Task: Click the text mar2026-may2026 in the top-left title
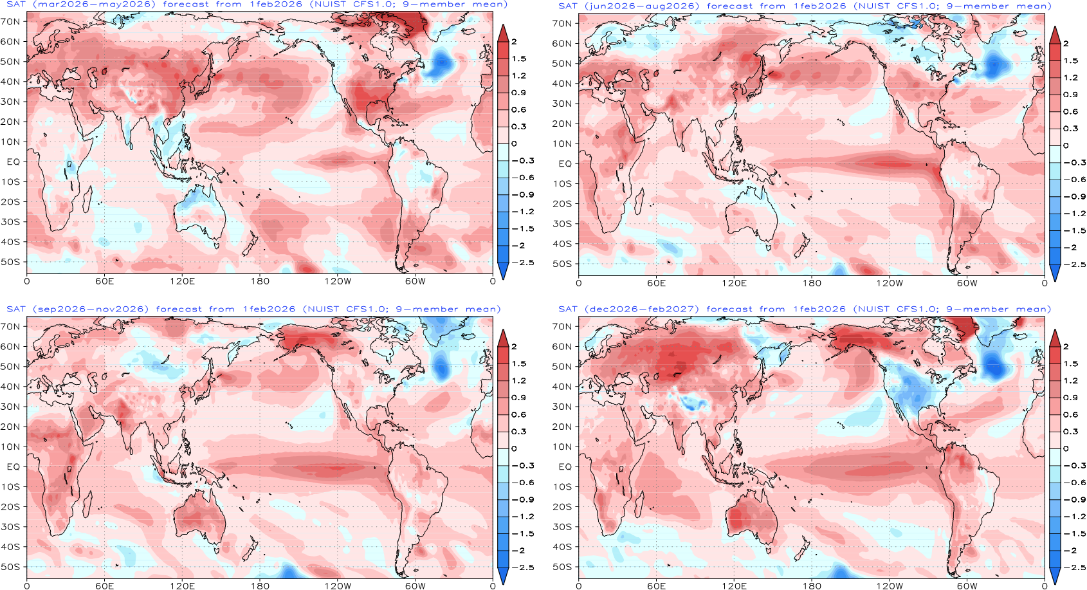click(94, 5)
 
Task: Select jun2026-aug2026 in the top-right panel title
click(644, 6)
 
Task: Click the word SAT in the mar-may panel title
click(17, 5)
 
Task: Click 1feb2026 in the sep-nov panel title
click(269, 309)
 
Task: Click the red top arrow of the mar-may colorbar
click(503, 33)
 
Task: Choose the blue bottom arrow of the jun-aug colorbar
click(1055, 273)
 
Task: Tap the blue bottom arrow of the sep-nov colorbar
click(503, 576)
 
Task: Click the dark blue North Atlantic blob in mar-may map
click(441, 64)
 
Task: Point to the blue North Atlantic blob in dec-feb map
click(994, 364)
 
